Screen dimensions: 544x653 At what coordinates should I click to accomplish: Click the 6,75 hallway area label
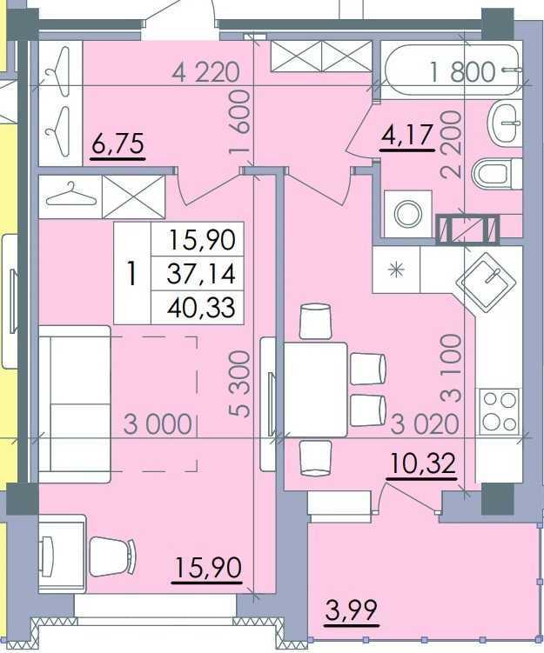pyautogui.click(x=118, y=143)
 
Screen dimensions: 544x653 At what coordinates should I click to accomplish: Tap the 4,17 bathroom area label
pyautogui.click(x=406, y=136)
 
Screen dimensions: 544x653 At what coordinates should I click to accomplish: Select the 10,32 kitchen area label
pyautogui.click(x=421, y=463)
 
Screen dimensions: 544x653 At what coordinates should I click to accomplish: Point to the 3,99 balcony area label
pyautogui.click(x=352, y=610)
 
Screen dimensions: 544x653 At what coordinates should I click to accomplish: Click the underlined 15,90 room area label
pyautogui.click(x=208, y=568)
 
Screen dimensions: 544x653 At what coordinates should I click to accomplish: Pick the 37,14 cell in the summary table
pyautogui.click(x=201, y=274)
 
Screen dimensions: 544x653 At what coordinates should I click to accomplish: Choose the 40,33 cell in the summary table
pyautogui.click(x=201, y=308)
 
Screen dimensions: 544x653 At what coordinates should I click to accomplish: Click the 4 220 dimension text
pyautogui.click(x=206, y=71)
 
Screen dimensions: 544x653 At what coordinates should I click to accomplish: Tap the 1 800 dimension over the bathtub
pyautogui.click(x=462, y=71)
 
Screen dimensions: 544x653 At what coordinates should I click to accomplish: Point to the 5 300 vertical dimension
pyautogui.click(x=239, y=383)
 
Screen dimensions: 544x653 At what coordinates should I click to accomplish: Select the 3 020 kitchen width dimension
pyautogui.click(x=426, y=424)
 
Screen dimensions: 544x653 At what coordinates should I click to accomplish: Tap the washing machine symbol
pyautogui.click(x=407, y=214)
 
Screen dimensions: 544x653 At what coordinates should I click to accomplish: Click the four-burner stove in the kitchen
pyautogui.click(x=500, y=411)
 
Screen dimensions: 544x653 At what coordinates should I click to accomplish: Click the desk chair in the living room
pyautogui.click(x=112, y=556)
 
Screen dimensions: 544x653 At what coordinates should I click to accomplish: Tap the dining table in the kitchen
pyautogui.click(x=316, y=390)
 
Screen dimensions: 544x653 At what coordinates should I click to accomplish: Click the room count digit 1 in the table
pyautogui.click(x=132, y=273)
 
